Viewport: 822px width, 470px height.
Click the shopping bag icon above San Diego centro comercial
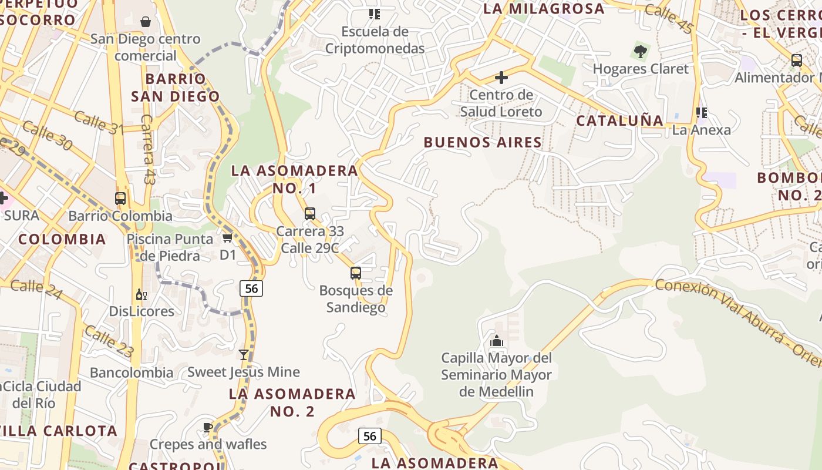146,22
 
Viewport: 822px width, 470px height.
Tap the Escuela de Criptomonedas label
375,40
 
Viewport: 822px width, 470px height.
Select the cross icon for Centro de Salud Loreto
501,78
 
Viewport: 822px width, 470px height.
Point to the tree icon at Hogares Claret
641,52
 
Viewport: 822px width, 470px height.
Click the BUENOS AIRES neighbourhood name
483,142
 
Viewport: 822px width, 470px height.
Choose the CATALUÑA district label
619,121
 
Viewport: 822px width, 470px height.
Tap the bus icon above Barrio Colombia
120,199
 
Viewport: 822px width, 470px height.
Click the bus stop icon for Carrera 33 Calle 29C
310,214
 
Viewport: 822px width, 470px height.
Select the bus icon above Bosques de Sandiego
356,273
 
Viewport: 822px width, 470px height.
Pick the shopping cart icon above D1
228,238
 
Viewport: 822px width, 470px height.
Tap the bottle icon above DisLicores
141,294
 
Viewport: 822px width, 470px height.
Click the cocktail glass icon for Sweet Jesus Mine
244,355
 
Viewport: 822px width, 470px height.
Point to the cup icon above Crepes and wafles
208,427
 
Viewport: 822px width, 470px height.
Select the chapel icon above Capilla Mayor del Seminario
497,341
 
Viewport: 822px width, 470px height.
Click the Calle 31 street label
99,122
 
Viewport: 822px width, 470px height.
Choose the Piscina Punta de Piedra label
170,247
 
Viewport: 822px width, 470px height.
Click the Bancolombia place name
132,372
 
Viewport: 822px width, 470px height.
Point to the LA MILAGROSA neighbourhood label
544,9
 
